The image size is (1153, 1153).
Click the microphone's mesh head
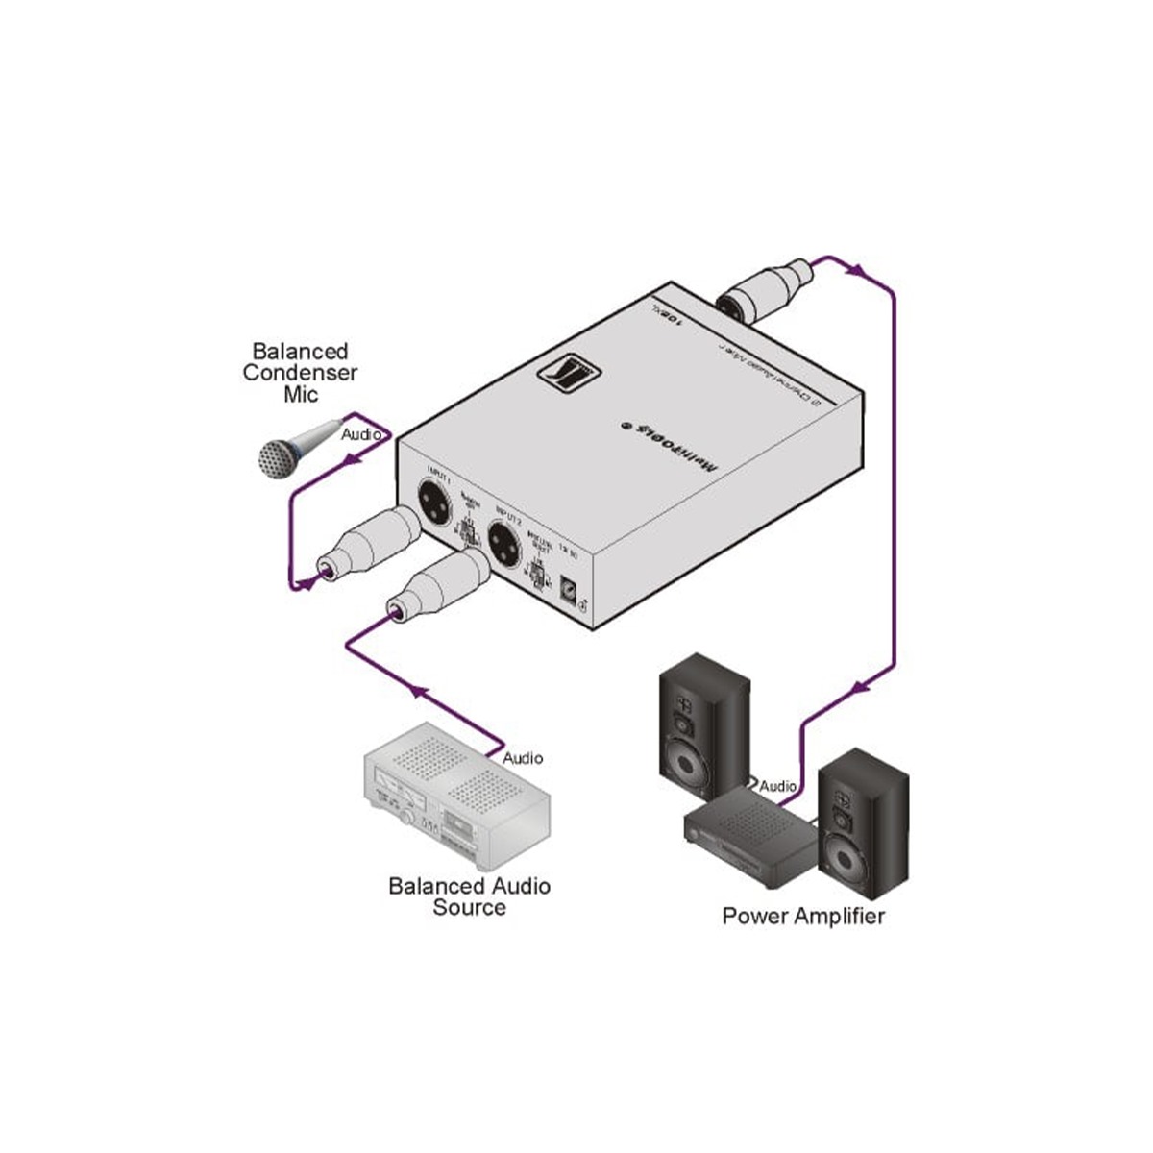click(x=280, y=457)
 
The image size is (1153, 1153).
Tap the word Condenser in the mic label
click(x=300, y=373)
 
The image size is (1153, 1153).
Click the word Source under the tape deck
click(x=469, y=907)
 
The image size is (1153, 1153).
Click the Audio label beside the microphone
click(x=363, y=435)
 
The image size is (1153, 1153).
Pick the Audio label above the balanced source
click(x=523, y=758)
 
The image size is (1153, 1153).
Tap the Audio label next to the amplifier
click(x=778, y=787)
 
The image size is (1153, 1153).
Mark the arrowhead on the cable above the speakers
click(x=863, y=685)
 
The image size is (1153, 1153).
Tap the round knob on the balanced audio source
click(x=410, y=819)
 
